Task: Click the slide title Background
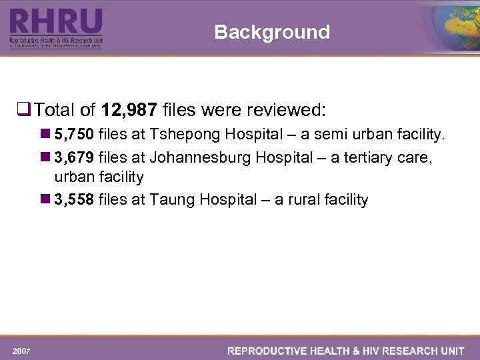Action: (x=272, y=32)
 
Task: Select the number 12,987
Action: (x=127, y=109)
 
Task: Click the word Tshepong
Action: (x=185, y=135)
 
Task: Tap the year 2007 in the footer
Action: (x=21, y=350)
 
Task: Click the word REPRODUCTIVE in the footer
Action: (x=267, y=350)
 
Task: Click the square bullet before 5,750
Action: (x=45, y=135)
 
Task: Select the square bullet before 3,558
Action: (x=45, y=199)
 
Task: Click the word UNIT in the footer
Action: (x=452, y=350)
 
